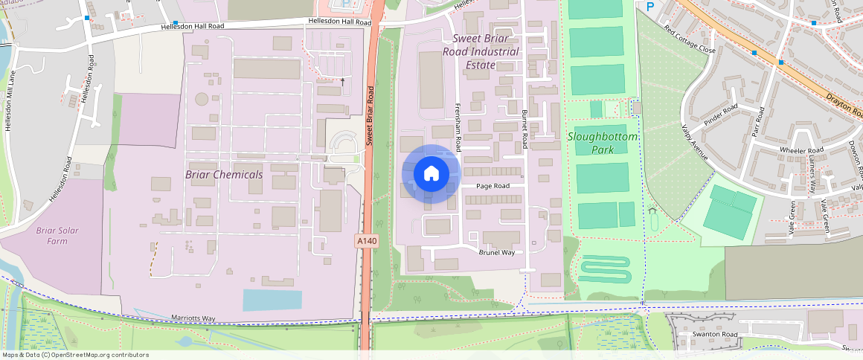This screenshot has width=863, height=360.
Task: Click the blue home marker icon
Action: pyautogui.click(x=431, y=174)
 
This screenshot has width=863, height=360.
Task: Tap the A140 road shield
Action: pyautogui.click(x=366, y=241)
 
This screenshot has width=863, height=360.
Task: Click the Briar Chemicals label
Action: pyautogui.click(x=224, y=175)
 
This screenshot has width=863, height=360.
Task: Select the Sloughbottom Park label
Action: pyautogui.click(x=603, y=144)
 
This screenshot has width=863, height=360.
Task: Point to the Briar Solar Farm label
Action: pyautogui.click(x=57, y=236)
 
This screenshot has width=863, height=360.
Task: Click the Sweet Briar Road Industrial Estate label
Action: pyautogui.click(x=481, y=51)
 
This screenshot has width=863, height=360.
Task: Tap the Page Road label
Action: pyautogui.click(x=493, y=186)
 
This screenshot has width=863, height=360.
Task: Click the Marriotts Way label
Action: pyautogui.click(x=193, y=319)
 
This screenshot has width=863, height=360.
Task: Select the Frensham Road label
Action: pyautogui.click(x=458, y=126)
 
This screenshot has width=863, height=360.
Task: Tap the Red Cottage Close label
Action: pyautogui.click(x=690, y=40)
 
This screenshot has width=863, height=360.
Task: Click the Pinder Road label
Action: pyautogui.click(x=720, y=117)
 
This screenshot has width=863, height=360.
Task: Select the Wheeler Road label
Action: pyautogui.click(x=801, y=150)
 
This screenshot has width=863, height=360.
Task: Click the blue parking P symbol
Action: pyautogui.click(x=650, y=7)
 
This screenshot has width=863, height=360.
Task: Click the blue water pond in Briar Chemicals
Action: pyautogui.click(x=272, y=300)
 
